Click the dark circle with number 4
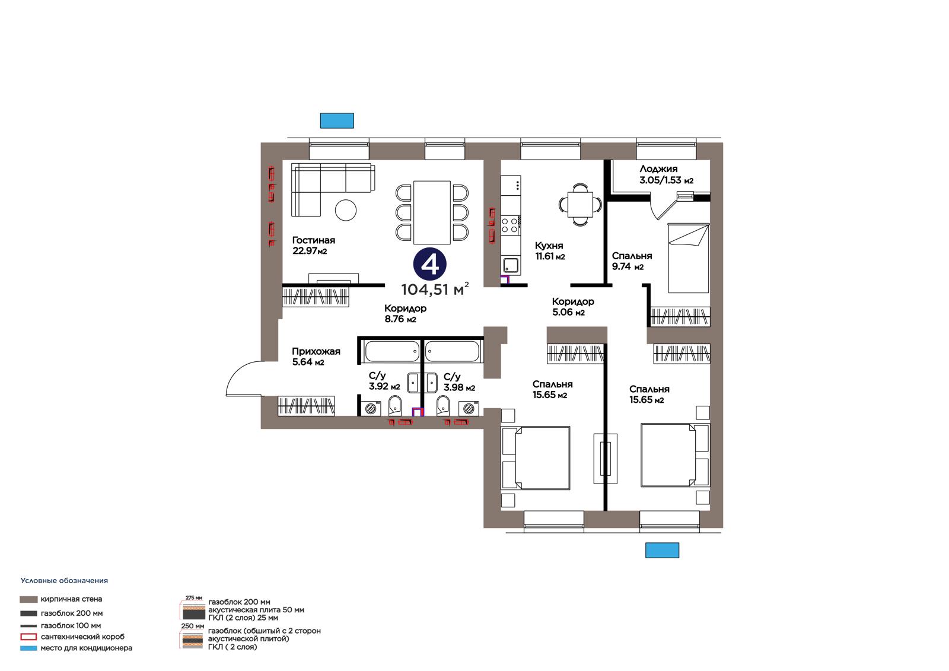coord(429,264)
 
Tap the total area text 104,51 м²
coord(435,289)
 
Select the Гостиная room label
coord(314,240)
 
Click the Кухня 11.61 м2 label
coord(549,251)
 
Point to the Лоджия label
coord(658,168)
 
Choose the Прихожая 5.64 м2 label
coord(316,357)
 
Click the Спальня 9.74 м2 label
coord(632,261)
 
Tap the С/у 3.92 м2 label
coord(384,381)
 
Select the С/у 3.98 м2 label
coord(459,382)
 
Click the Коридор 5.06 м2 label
coord(573,307)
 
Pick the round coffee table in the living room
coord(346,210)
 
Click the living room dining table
coord(432,212)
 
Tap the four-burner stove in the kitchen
coord(510,225)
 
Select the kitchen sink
coord(511,265)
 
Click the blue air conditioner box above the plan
coord(337,120)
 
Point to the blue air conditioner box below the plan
coord(662,550)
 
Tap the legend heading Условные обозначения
coord(64,581)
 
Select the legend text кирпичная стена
coord(71,599)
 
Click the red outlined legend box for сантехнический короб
coord(28,637)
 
